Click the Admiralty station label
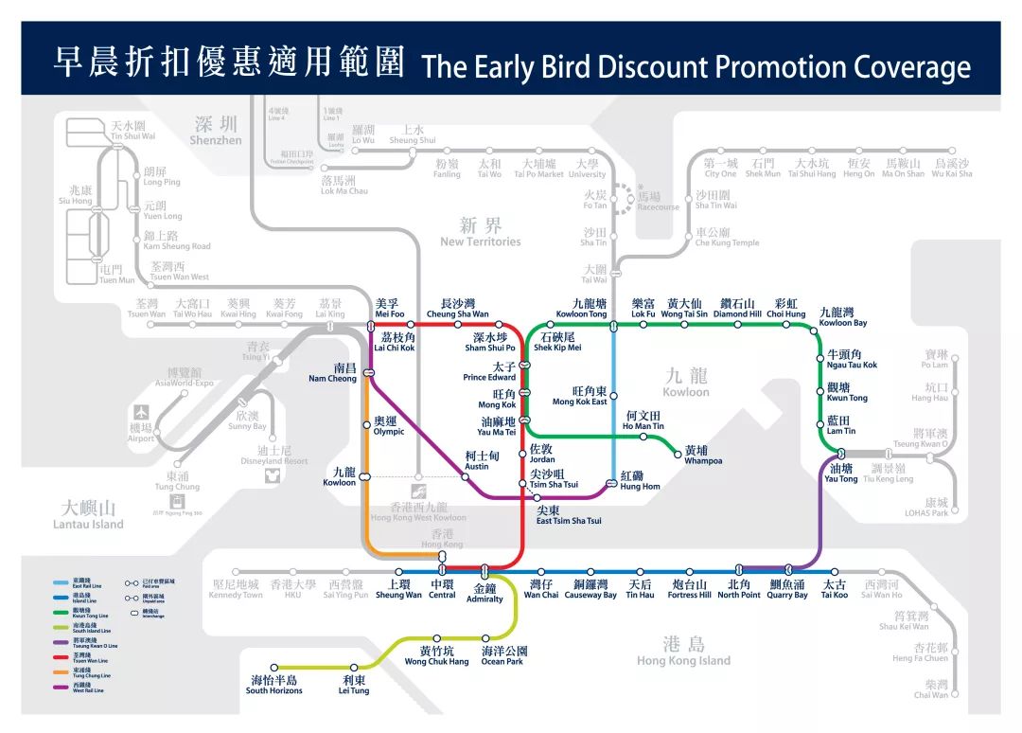pos(485,593)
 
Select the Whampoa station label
pos(703,456)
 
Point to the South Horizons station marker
pos(274,668)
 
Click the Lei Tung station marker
pos(355,668)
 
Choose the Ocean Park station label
pos(502,656)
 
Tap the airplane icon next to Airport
pos(141,413)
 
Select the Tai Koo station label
pos(834,589)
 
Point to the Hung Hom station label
pos(640,481)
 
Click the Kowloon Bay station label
pos(842,317)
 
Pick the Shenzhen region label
pos(216,131)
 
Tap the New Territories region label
pos(480,233)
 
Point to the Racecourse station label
pos(659,202)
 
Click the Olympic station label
pos(388,425)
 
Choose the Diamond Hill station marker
pos(737,325)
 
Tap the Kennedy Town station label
pos(236,589)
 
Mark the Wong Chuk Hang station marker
pos(437,638)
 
